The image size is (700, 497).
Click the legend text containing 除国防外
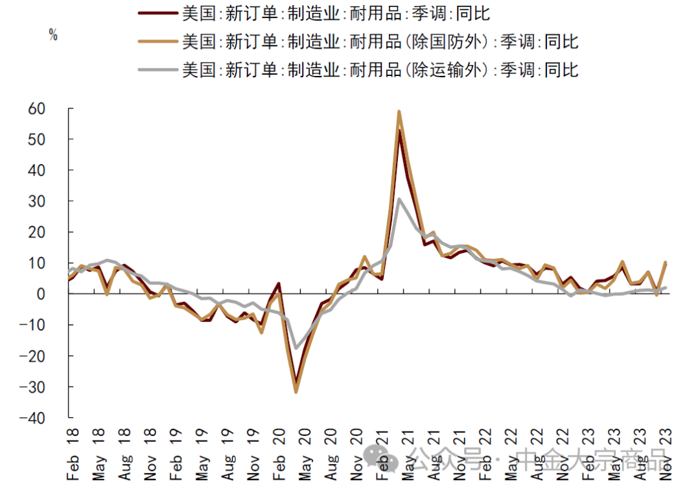380,42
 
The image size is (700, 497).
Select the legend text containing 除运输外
380,69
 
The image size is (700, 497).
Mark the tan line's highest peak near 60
399,112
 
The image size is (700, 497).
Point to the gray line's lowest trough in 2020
296,348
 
